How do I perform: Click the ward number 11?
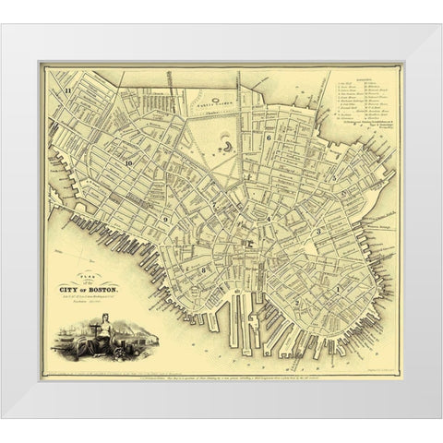[x=69, y=90]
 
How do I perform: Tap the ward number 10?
[x=130, y=162]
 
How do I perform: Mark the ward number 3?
[x=317, y=232]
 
